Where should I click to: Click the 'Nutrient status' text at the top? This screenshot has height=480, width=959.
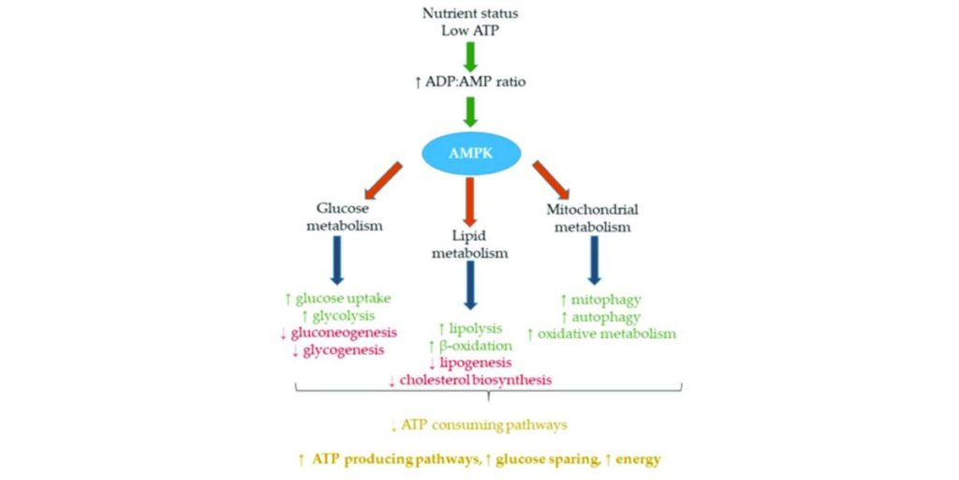coord(470,13)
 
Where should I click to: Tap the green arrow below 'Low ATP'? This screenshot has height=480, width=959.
coord(471,54)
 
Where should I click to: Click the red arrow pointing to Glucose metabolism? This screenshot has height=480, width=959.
coord(384,181)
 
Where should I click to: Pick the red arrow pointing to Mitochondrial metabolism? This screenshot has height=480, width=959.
coord(554,180)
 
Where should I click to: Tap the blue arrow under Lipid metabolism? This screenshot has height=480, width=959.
coord(470,287)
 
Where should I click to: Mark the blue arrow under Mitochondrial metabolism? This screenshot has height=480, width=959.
coord(594,259)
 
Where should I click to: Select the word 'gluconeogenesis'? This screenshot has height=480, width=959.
coord(344,333)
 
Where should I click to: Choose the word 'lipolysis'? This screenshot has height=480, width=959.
coord(476,329)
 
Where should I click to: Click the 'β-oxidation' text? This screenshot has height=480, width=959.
coord(476,346)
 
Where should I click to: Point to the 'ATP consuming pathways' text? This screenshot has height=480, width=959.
coord(483,425)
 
